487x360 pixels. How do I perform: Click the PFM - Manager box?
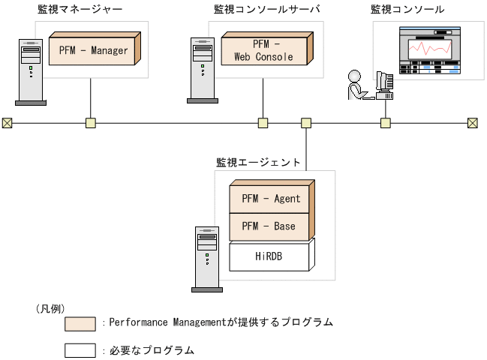pyautogui.click(x=93, y=51)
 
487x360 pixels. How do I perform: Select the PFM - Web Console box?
pyautogui.click(x=263, y=50)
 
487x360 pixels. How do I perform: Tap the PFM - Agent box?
pyautogui.click(x=271, y=199)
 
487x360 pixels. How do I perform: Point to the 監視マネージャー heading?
pyautogui.click(x=80, y=10)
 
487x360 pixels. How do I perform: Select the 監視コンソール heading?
pyautogui.click(x=407, y=10)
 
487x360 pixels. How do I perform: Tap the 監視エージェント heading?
pyautogui.click(x=258, y=161)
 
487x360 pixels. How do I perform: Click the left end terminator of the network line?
pyautogui.click(x=8, y=123)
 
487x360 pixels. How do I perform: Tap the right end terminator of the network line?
pyautogui.click(x=472, y=123)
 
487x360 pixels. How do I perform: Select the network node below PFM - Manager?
pyautogui.click(x=91, y=123)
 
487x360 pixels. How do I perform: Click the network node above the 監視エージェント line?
pyautogui.click(x=306, y=123)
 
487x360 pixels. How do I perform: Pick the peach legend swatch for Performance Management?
pyautogui.click(x=80, y=323)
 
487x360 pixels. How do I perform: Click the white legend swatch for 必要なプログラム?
pyautogui.click(x=80, y=349)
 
